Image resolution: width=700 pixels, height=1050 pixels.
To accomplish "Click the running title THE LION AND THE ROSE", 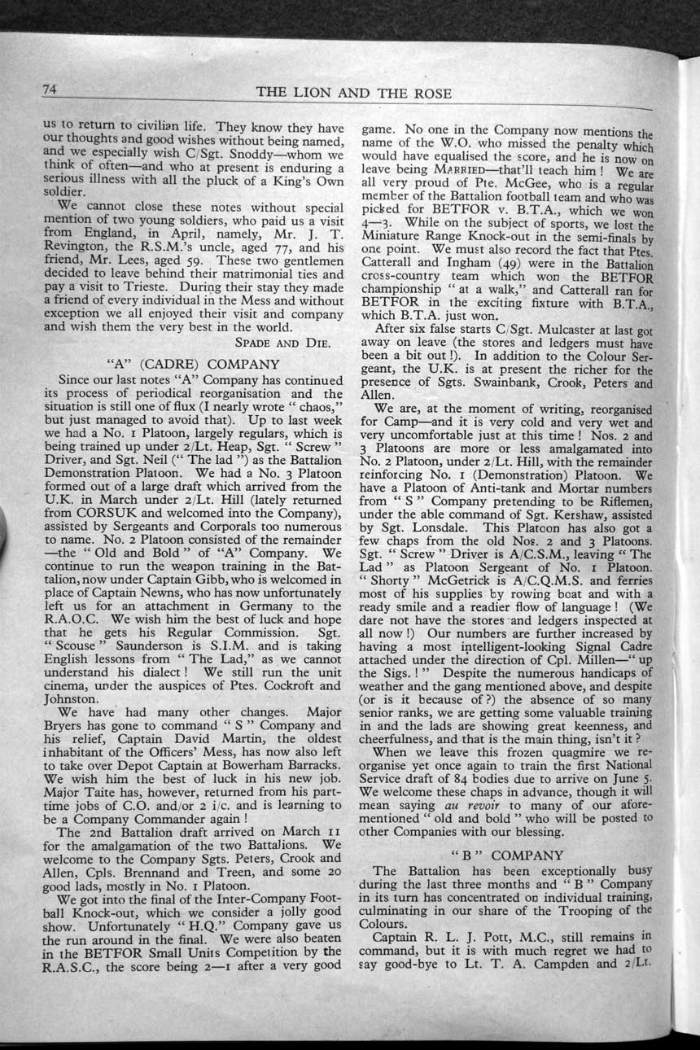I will click(353, 93).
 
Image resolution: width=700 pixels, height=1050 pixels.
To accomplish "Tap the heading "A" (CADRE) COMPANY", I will click(193, 364).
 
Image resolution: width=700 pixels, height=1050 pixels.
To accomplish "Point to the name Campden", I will click(591, 958).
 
